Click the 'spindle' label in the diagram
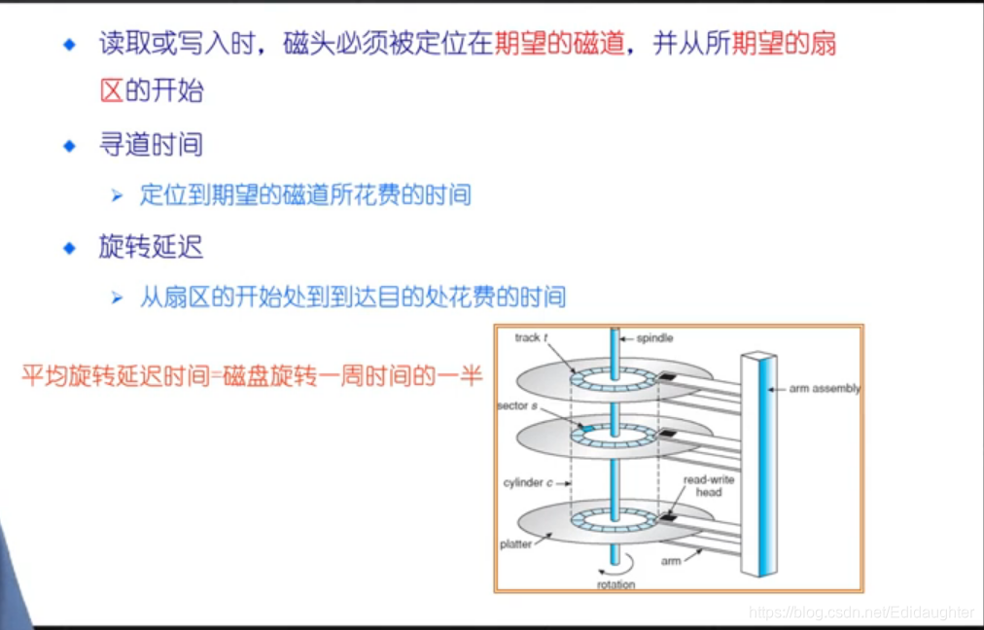point(654,338)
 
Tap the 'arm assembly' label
point(825,389)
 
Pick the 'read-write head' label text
point(709,486)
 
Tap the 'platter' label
point(516,544)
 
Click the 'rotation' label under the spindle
point(615,584)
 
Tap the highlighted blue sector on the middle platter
point(587,427)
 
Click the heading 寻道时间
point(151,146)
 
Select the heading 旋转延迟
point(151,247)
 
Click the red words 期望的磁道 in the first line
point(559,44)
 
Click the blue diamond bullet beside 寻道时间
point(68,146)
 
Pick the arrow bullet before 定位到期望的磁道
point(118,195)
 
